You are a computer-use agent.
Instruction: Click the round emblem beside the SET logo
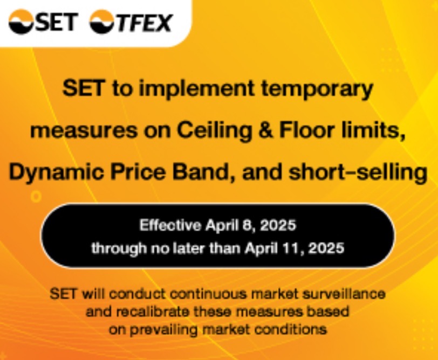[21, 22]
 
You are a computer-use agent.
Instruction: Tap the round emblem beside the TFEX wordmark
[101, 22]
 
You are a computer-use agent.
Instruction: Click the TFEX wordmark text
[145, 23]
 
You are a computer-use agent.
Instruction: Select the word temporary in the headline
[317, 89]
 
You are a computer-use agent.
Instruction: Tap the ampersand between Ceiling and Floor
[265, 130]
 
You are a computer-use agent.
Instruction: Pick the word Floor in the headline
[307, 130]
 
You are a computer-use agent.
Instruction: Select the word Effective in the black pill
[170, 225]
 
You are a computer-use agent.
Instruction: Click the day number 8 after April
[247, 225]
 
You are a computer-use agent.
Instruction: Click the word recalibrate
[153, 311]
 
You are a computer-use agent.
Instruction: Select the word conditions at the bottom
[291, 329]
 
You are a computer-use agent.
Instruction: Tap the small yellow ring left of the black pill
[36, 197]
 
